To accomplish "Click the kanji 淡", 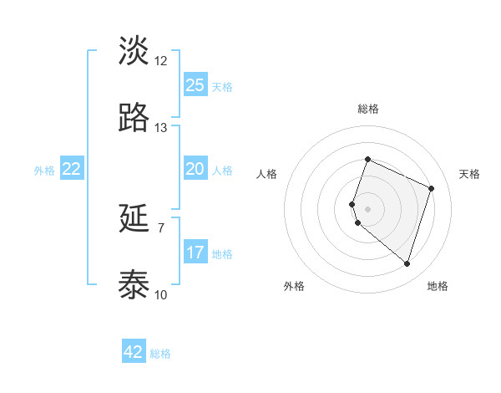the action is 134,50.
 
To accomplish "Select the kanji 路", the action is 134,118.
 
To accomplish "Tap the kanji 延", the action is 134,219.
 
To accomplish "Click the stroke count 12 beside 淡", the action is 161,61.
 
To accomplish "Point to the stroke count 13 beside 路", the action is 161,128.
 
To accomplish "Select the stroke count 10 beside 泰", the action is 161,295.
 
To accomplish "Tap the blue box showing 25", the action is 195,84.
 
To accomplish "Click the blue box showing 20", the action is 195,169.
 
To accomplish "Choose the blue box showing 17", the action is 195,253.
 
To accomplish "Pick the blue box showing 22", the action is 72,169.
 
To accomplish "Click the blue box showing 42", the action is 134,352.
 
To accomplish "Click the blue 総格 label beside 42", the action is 161,354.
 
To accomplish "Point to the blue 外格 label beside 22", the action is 44,171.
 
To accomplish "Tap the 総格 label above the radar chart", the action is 367,109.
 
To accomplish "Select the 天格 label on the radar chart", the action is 469,174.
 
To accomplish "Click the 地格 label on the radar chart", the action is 438,286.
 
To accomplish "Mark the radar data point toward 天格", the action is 432,188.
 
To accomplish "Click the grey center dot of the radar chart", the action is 367,208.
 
